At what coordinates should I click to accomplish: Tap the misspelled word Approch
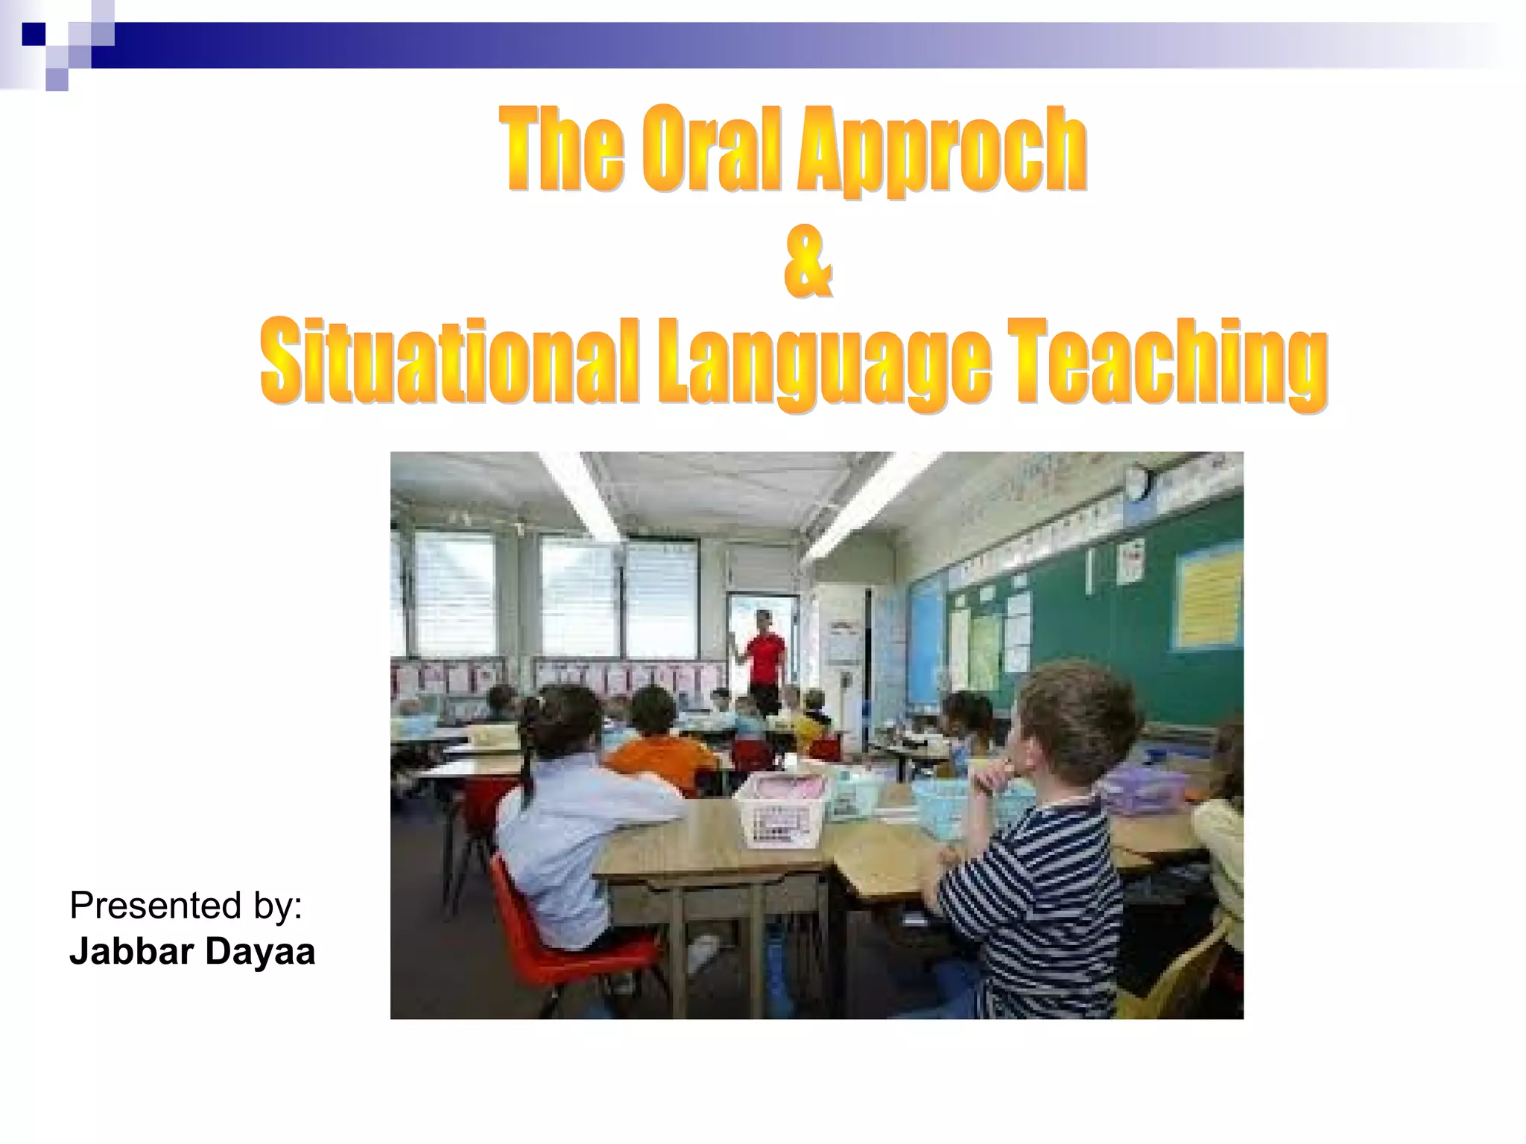click(x=943, y=153)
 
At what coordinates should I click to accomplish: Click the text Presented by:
click(x=186, y=906)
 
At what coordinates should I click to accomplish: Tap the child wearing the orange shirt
click(x=659, y=752)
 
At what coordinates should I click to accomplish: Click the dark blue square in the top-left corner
click(x=33, y=34)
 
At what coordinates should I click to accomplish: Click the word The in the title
click(x=560, y=149)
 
